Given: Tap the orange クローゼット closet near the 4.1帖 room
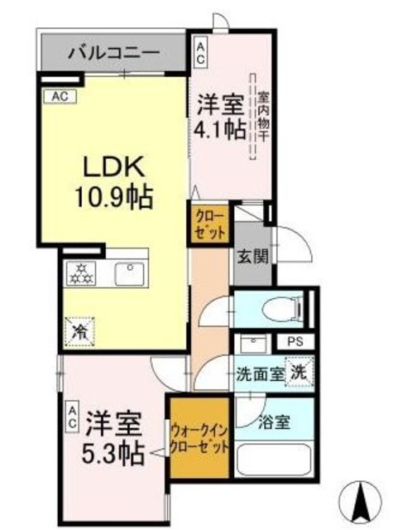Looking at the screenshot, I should coord(211,224).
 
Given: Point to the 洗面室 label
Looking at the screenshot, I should coord(259,373).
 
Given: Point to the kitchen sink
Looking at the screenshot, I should coord(131,272).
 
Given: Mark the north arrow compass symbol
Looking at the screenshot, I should coord(362,499).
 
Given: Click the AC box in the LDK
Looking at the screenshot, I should coord(60,97).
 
